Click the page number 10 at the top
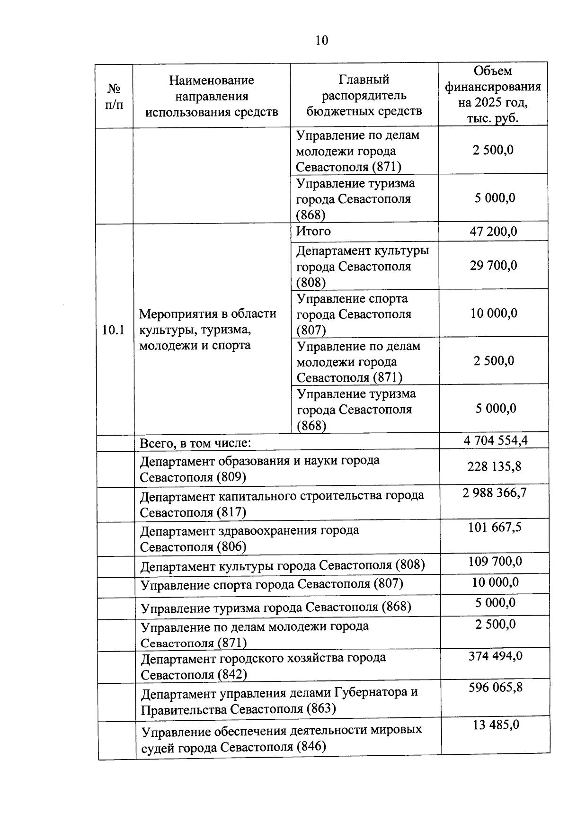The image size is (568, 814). tap(321, 40)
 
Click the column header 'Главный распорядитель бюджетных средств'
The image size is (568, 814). tap(364, 95)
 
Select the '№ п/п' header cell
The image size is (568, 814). tap(114, 96)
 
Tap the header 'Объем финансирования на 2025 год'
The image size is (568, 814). tap(493, 94)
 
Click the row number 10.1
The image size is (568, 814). tap(114, 330)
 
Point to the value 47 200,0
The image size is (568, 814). tap(493, 232)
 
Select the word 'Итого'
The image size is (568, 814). tap(313, 231)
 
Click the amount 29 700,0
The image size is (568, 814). tap(493, 265)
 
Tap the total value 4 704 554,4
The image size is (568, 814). tap(496, 440)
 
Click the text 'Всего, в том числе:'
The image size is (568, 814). tap(195, 444)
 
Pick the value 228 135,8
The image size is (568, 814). tap(494, 466)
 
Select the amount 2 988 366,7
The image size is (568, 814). tap(495, 493)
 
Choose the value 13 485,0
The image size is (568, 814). tap(496, 725)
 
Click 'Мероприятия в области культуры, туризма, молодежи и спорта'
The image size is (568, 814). tap(207, 330)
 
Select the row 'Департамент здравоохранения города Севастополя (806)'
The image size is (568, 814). tap(249, 538)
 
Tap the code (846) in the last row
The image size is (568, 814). tap(311, 747)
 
